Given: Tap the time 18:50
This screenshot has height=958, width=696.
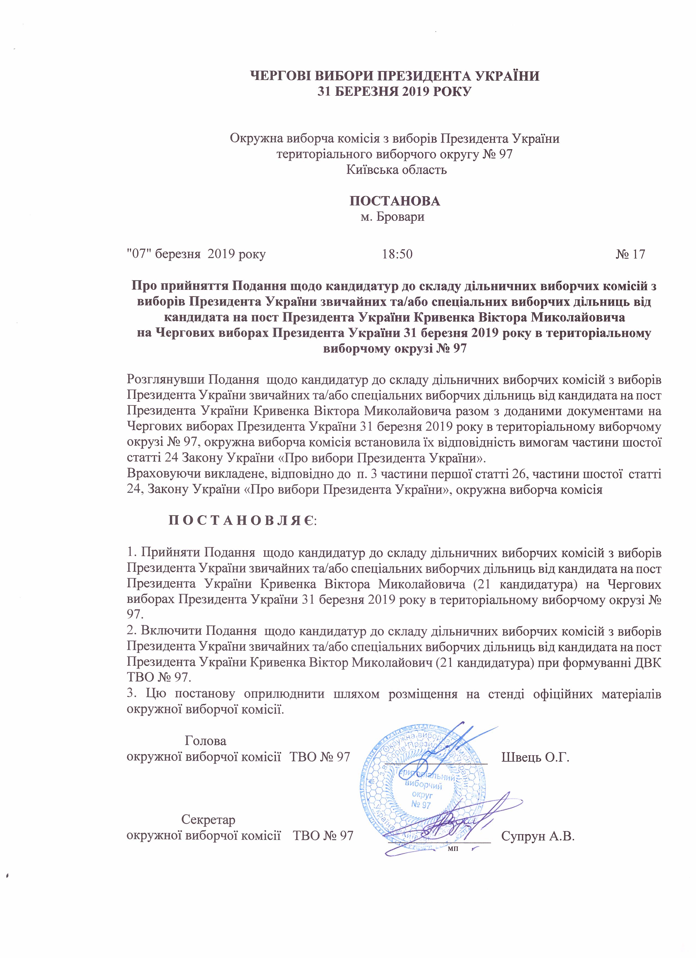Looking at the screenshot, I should pos(397,254).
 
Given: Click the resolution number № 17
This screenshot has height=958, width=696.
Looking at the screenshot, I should pos(630,254).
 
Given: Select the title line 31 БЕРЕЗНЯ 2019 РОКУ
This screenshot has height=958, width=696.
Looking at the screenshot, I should pos(394,92).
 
